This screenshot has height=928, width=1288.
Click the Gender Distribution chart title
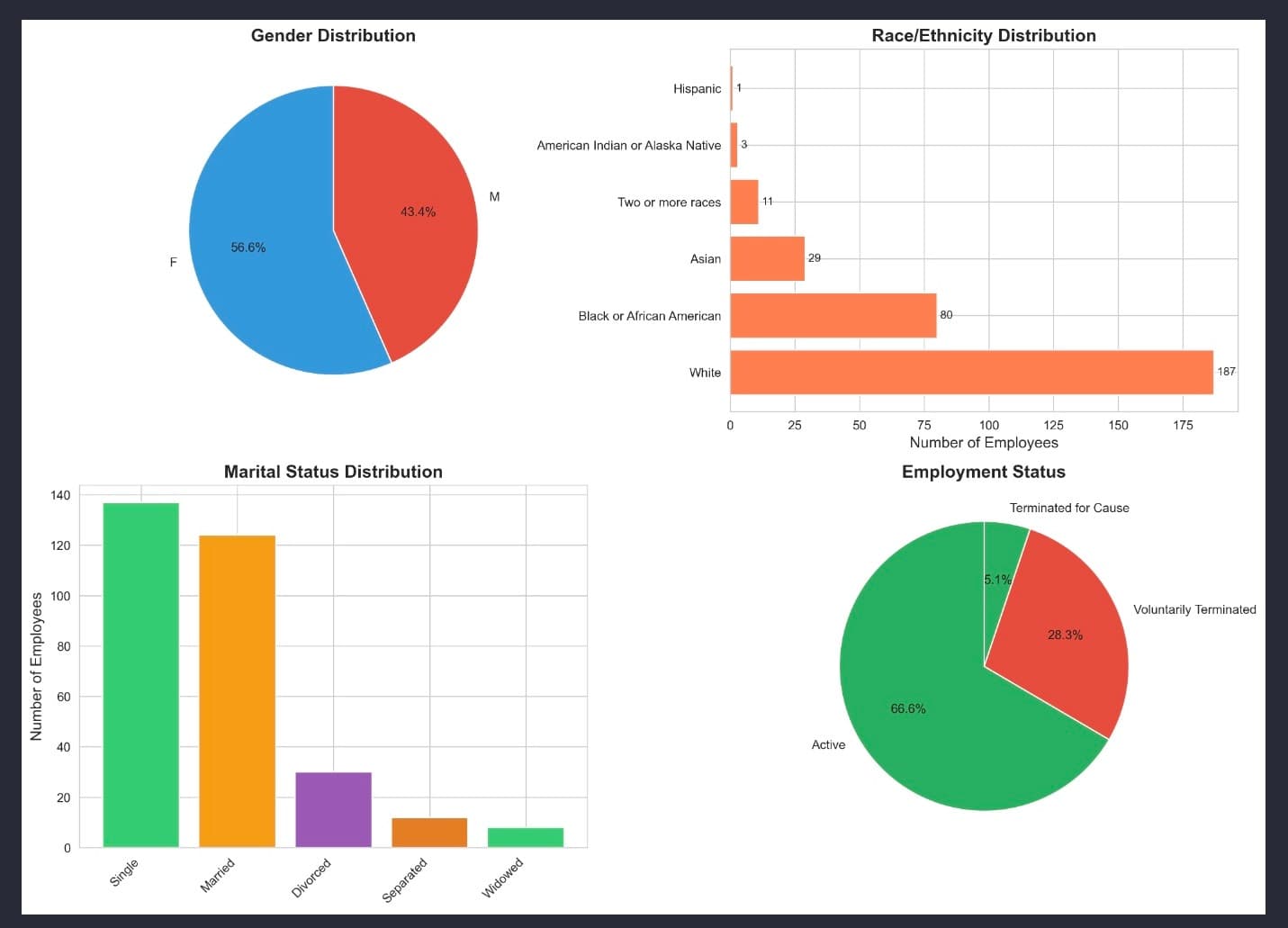pos(333,36)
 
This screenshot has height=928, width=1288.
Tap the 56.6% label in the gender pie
pos(248,248)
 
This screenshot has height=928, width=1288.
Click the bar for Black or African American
pos(833,316)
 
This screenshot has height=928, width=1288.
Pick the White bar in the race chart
pos(971,373)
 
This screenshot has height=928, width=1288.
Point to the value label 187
pos(1226,372)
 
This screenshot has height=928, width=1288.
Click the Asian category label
pos(706,259)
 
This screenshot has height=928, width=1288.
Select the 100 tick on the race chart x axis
pos(988,425)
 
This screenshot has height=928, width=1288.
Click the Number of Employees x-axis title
pos(984,443)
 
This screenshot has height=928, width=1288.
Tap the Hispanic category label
pos(697,89)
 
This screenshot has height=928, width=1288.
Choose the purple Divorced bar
pos(333,809)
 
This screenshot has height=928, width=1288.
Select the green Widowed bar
pos(526,837)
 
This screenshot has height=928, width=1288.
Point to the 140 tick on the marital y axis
pos(60,495)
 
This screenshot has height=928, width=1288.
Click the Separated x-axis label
pos(405,879)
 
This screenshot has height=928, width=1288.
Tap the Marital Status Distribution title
pos(333,472)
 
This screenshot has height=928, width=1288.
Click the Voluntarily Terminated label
pos(1194,610)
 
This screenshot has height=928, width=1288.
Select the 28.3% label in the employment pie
pos(1065,635)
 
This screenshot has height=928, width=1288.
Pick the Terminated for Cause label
pos(1069,509)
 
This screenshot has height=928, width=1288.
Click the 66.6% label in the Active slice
pos(907,709)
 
